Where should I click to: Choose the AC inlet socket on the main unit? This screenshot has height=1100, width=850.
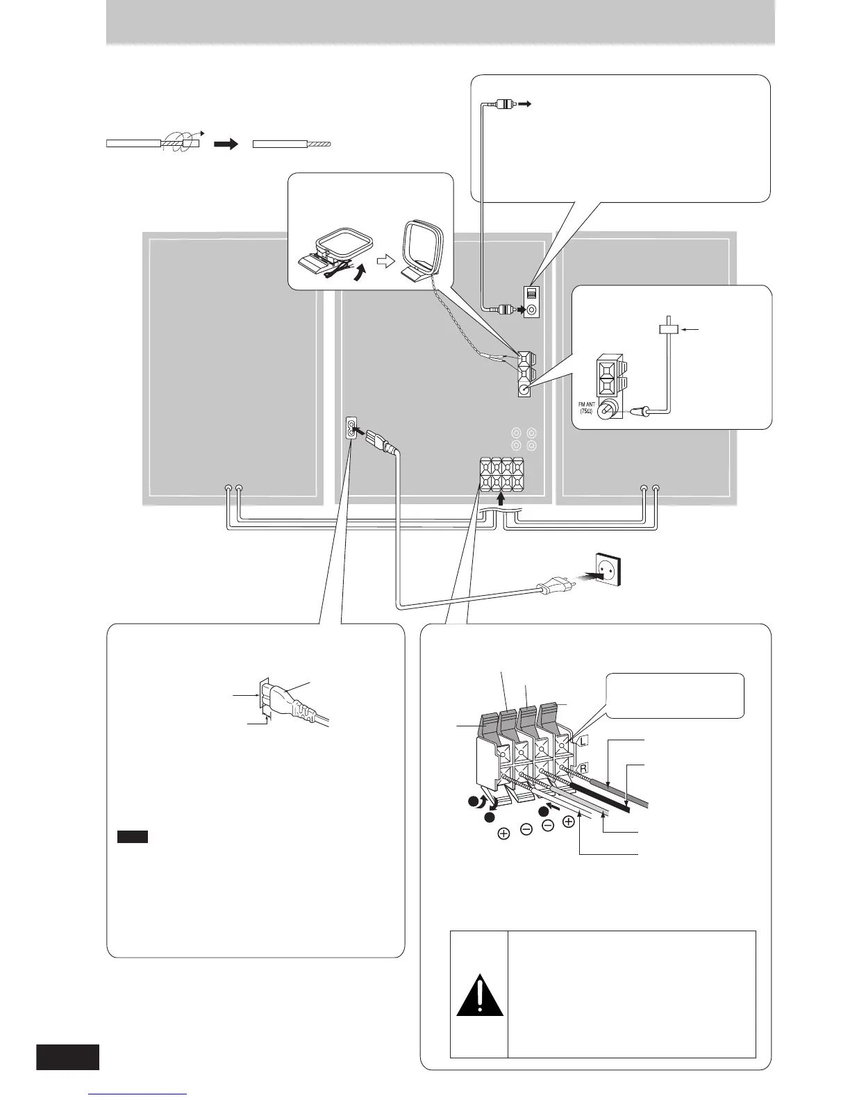click(x=352, y=429)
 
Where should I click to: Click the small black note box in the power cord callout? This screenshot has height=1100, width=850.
click(x=132, y=837)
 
